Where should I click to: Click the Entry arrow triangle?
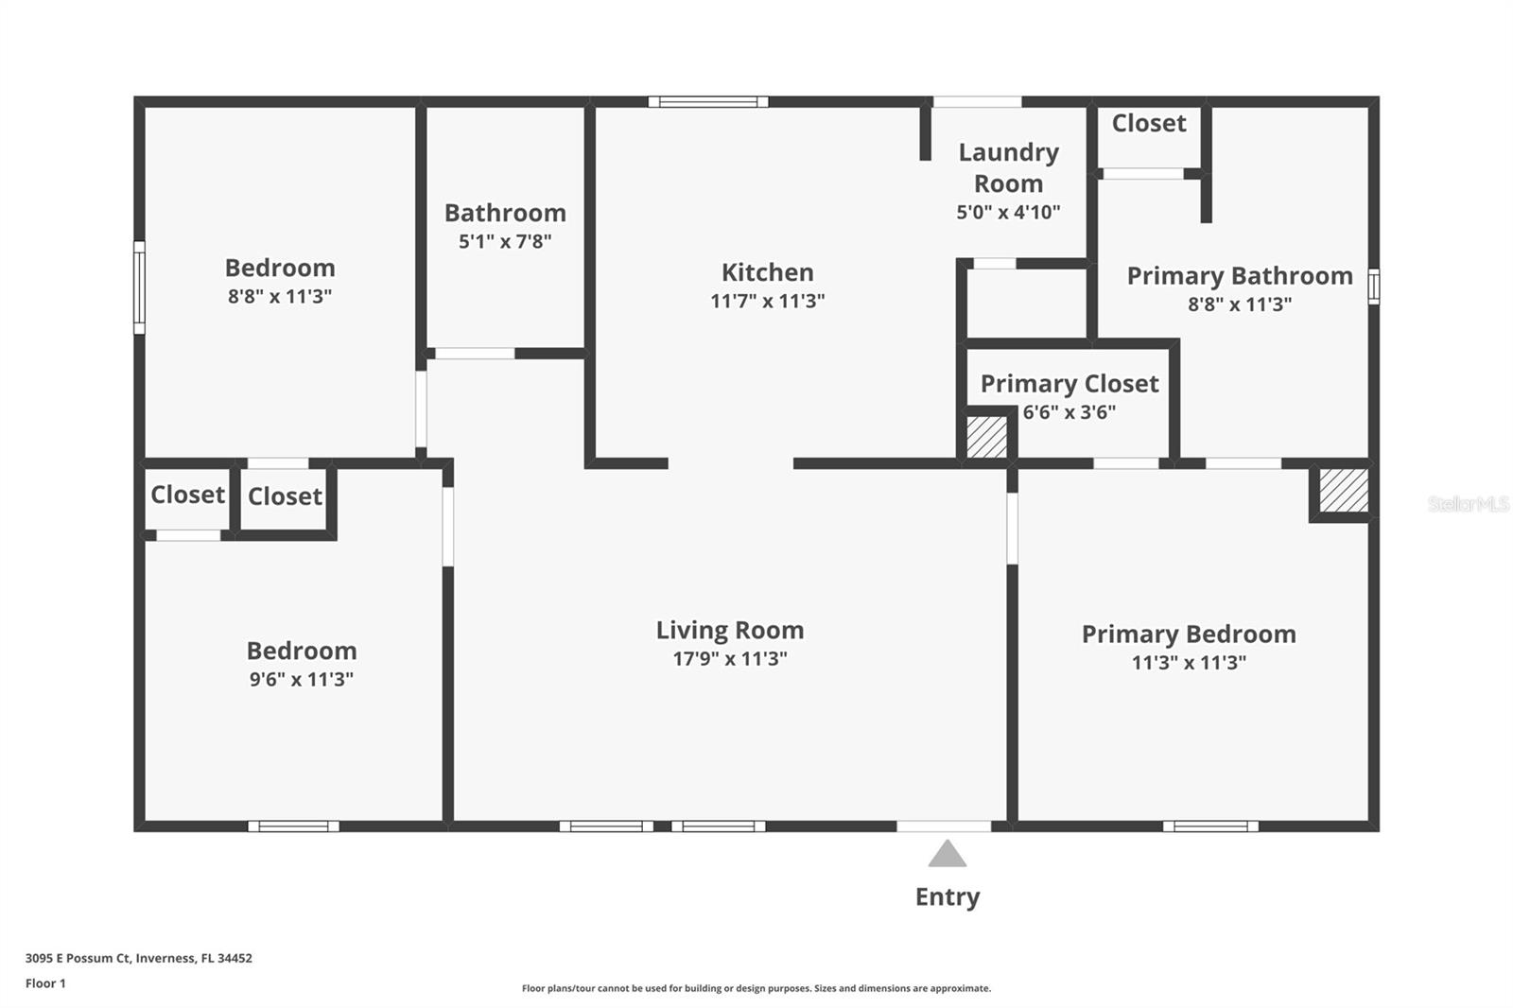[947, 856]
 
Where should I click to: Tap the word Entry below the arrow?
[947, 896]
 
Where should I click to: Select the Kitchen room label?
[767, 272]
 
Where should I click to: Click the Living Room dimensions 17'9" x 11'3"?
[729, 659]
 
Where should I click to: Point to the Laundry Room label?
[1008, 167]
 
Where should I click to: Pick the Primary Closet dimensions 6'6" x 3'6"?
[1069, 412]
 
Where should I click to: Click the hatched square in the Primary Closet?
[986, 437]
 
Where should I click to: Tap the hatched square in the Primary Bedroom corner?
[1343, 491]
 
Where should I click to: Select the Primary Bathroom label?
[1239, 276]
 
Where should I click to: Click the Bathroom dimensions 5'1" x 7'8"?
[505, 241]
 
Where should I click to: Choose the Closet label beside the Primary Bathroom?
[1148, 123]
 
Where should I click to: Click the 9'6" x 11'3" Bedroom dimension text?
[301, 679]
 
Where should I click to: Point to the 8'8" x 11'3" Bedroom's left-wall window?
[139, 287]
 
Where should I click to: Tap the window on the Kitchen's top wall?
[707, 101]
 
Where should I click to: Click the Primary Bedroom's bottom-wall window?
[1210, 826]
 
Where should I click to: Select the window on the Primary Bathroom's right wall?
[1374, 286]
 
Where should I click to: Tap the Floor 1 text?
[45, 983]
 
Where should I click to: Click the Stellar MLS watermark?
[1468, 504]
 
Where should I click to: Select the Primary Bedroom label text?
[1188, 634]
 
